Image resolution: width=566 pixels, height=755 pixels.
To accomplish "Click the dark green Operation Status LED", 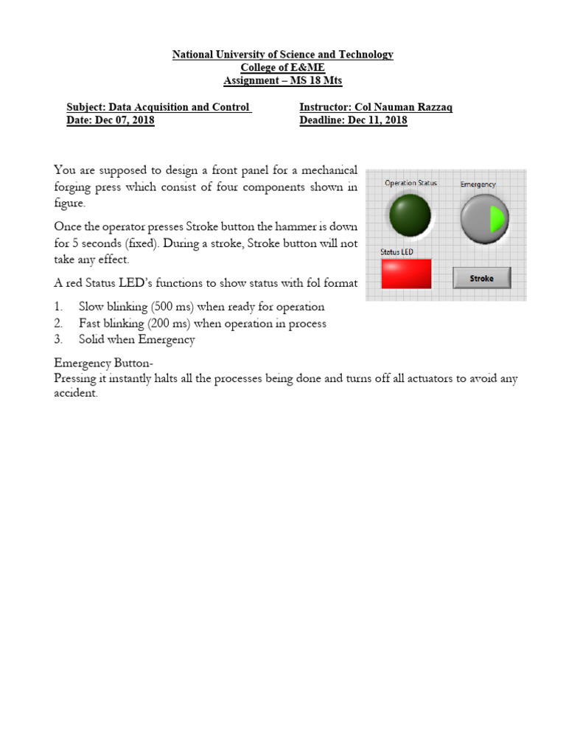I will (410, 215).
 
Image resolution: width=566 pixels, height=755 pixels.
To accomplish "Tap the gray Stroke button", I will (481, 278).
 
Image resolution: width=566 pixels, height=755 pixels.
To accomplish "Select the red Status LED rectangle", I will (405, 274).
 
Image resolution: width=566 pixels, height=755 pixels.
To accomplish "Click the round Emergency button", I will (484, 219).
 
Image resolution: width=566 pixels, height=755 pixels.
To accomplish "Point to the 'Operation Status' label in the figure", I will (410, 183).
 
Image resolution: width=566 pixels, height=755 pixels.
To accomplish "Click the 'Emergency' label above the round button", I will (478, 184).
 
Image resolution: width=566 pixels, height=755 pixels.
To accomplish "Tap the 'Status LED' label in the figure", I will (396, 252).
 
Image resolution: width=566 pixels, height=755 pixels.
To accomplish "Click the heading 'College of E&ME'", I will (282, 67).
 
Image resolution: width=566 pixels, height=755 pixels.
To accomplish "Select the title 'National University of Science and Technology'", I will (282, 55).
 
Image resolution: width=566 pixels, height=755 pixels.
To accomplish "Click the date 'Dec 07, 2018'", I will (125, 121).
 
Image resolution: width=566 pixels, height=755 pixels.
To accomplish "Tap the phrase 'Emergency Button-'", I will (103, 363).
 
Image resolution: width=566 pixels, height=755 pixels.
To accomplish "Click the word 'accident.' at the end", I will (76, 394).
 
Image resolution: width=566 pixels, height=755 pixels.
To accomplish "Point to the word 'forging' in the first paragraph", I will (73, 187).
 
